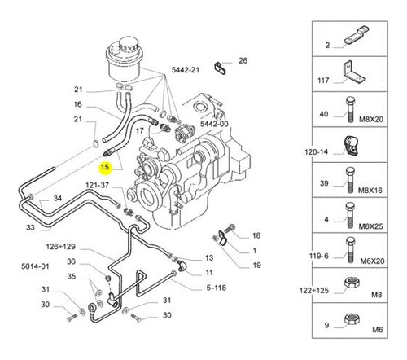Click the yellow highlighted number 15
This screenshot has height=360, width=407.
pyautogui.click(x=105, y=167)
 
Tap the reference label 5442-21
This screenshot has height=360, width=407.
pyautogui.click(x=186, y=70)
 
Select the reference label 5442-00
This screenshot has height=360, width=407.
pyautogui.click(x=214, y=124)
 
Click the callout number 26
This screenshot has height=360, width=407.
pyautogui.click(x=243, y=60)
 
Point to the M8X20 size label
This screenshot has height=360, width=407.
pyautogui.click(x=371, y=119)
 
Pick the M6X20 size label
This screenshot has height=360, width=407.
pyautogui.click(x=372, y=261)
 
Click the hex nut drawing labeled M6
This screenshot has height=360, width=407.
pyautogui.click(x=352, y=318)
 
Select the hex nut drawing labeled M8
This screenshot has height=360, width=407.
pyautogui.click(x=352, y=283)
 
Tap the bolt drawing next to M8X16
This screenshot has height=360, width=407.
pyautogui.click(x=350, y=180)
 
